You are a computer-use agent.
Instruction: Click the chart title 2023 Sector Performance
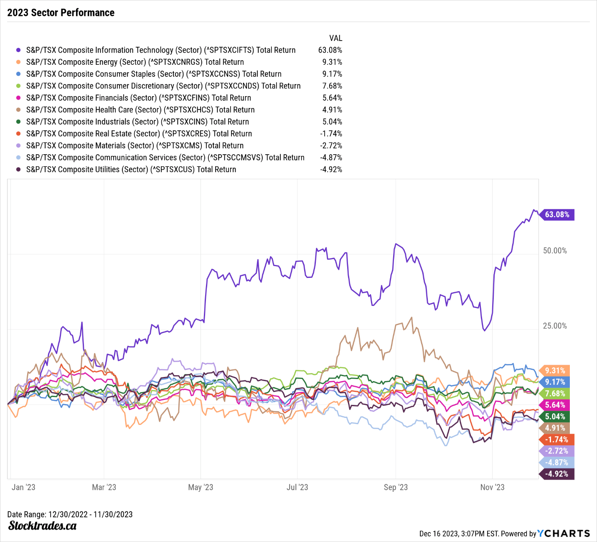tap(61, 13)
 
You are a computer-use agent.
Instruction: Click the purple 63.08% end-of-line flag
tap(557, 215)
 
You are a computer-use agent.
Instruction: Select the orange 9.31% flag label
tap(555, 371)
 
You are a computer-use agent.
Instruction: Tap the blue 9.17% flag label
tap(555, 382)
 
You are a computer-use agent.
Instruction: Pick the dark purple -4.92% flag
tap(557, 474)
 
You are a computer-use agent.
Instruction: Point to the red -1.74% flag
tap(557, 440)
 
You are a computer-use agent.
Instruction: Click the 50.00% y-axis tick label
tap(555, 251)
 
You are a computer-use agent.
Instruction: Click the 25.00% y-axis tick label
tap(555, 326)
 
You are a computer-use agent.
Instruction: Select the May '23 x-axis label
tap(201, 487)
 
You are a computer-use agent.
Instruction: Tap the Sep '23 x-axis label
tap(396, 487)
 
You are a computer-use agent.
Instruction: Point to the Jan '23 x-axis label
tap(23, 487)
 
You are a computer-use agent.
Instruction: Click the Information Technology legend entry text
tap(161, 50)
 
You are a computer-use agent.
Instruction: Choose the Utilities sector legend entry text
tap(131, 170)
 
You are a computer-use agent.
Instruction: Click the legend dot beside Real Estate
tap(18, 134)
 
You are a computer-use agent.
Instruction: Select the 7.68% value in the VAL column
tap(332, 86)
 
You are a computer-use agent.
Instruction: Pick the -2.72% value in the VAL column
tap(331, 146)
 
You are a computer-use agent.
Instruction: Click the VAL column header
tap(335, 38)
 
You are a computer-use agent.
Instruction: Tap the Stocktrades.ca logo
tap(42, 526)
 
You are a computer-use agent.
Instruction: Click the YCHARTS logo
tap(564, 533)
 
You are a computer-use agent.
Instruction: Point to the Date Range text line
tap(70, 514)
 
